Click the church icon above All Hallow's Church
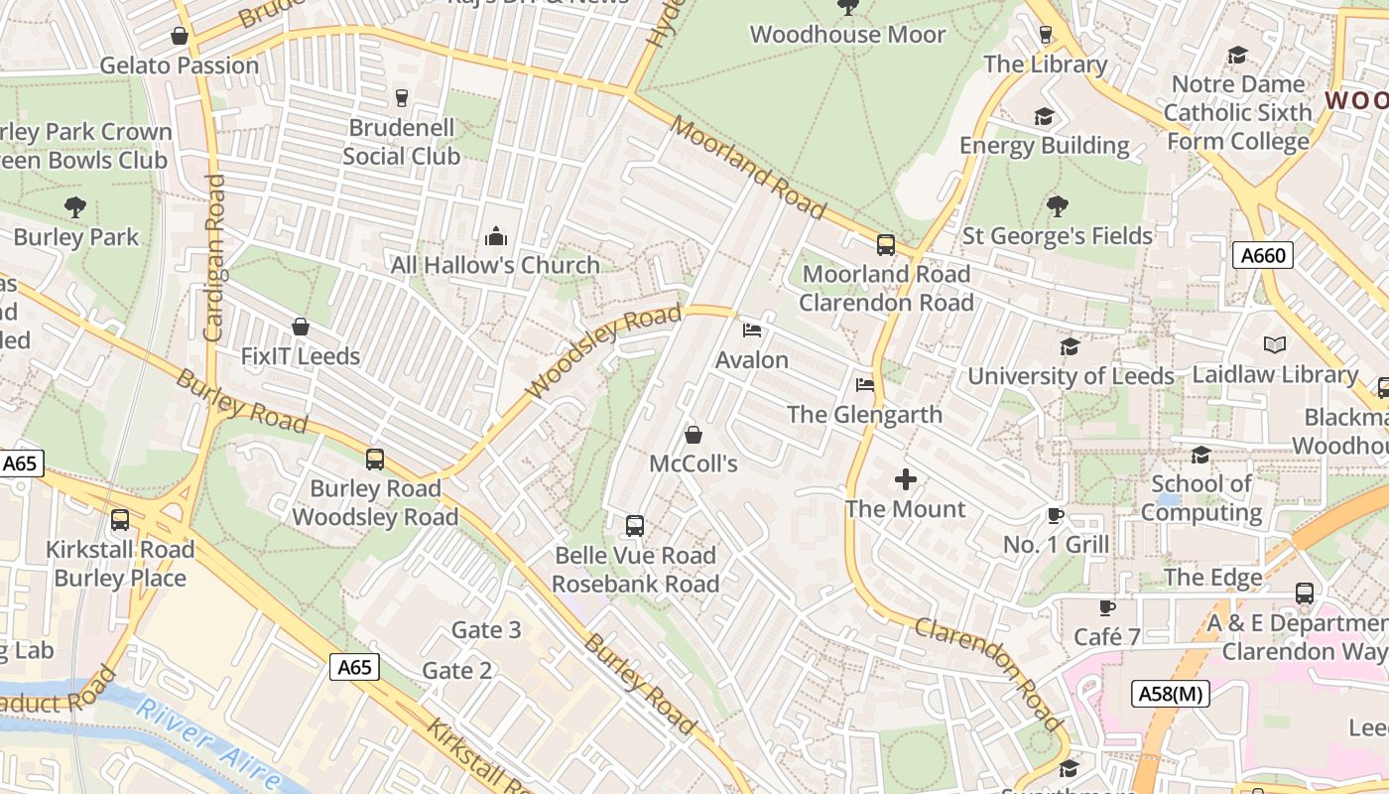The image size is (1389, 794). (x=495, y=236)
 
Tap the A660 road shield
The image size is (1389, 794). (x=1263, y=256)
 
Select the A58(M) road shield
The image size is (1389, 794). (x=1171, y=693)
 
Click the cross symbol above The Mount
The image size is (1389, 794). (x=905, y=480)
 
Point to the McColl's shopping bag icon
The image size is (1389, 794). (x=694, y=435)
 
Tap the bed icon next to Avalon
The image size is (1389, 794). (x=752, y=330)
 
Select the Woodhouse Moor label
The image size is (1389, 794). (x=847, y=35)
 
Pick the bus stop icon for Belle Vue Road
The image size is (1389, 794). (x=635, y=526)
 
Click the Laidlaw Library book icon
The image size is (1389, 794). (x=1275, y=345)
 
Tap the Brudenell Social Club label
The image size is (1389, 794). (x=401, y=142)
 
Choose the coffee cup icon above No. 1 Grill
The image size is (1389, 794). (x=1056, y=515)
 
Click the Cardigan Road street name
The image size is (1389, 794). (x=214, y=258)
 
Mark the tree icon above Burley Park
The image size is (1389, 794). (x=75, y=207)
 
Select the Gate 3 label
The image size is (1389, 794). (x=485, y=630)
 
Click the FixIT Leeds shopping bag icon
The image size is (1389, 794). (x=300, y=327)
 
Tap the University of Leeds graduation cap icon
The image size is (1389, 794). (x=1070, y=346)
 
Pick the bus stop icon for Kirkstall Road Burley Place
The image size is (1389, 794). (x=120, y=519)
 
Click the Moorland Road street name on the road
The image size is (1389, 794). (x=748, y=168)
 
